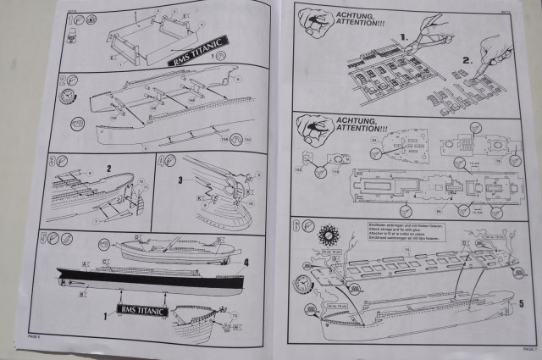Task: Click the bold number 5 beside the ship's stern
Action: coord(522,302)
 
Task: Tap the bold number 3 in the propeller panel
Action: coord(180,180)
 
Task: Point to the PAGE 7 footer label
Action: coord(528,348)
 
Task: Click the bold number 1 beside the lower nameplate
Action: coord(106,314)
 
